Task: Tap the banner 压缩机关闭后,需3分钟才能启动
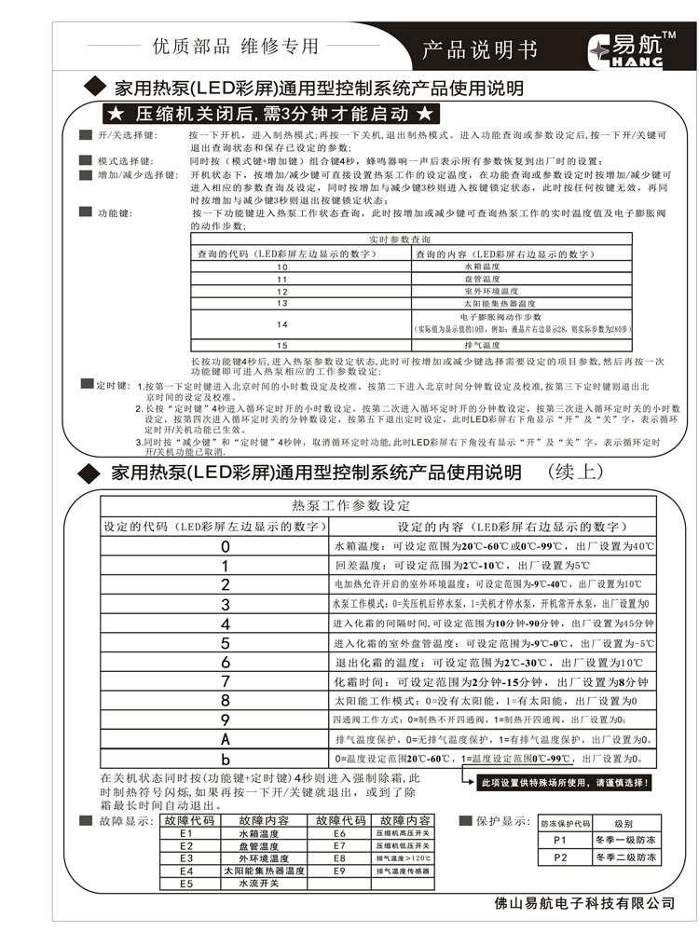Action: pos(268,115)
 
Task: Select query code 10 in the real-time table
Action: pos(281,267)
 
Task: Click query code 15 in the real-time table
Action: pos(281,345)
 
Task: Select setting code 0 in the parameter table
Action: pos(225,546)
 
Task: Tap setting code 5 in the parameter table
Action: pos(225,643)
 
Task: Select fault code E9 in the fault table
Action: pos(339,870)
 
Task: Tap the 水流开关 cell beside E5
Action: pos(264,882)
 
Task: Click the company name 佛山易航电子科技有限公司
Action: pos(583,902)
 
